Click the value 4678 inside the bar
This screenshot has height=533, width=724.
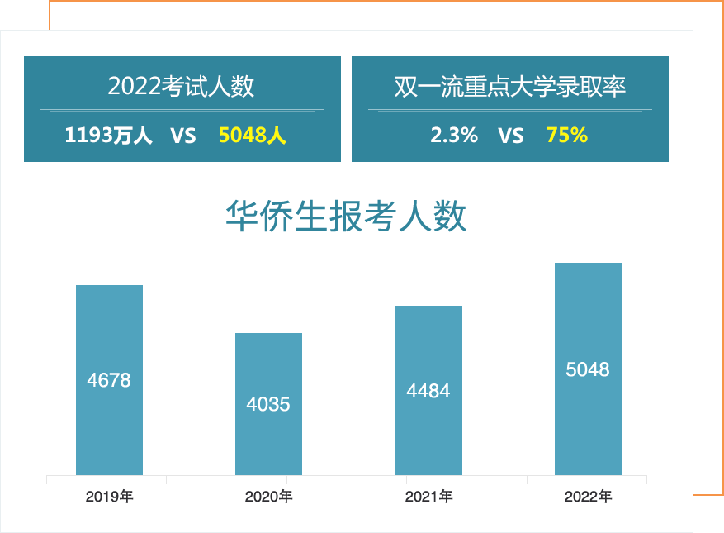pos(109,381)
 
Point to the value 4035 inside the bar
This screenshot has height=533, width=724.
pos(268,405)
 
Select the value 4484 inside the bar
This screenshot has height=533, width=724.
pos(428,391)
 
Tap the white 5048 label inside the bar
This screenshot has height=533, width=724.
pos(588,369)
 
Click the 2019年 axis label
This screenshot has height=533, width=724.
pos(109,497)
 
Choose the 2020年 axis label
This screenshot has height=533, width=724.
pos(268,497)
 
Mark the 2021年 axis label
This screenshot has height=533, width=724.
pos(428,497)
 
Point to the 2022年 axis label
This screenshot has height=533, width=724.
pos(588,497)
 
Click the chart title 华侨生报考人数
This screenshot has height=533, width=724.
pos(346,217)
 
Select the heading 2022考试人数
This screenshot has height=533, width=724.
pos(182,86)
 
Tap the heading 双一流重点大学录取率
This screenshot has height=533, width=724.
pos(510,86)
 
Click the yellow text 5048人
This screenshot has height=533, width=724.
pos(253,136)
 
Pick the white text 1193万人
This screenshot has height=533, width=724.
pos(109,136)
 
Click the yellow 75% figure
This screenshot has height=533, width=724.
pos(567,136)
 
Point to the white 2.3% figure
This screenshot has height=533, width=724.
pos(454,136)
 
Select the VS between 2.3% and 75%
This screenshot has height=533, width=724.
pos(511,136)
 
